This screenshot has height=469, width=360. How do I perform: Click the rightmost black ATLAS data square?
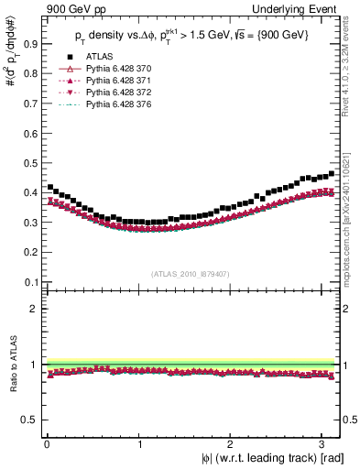[x=331, y=173]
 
